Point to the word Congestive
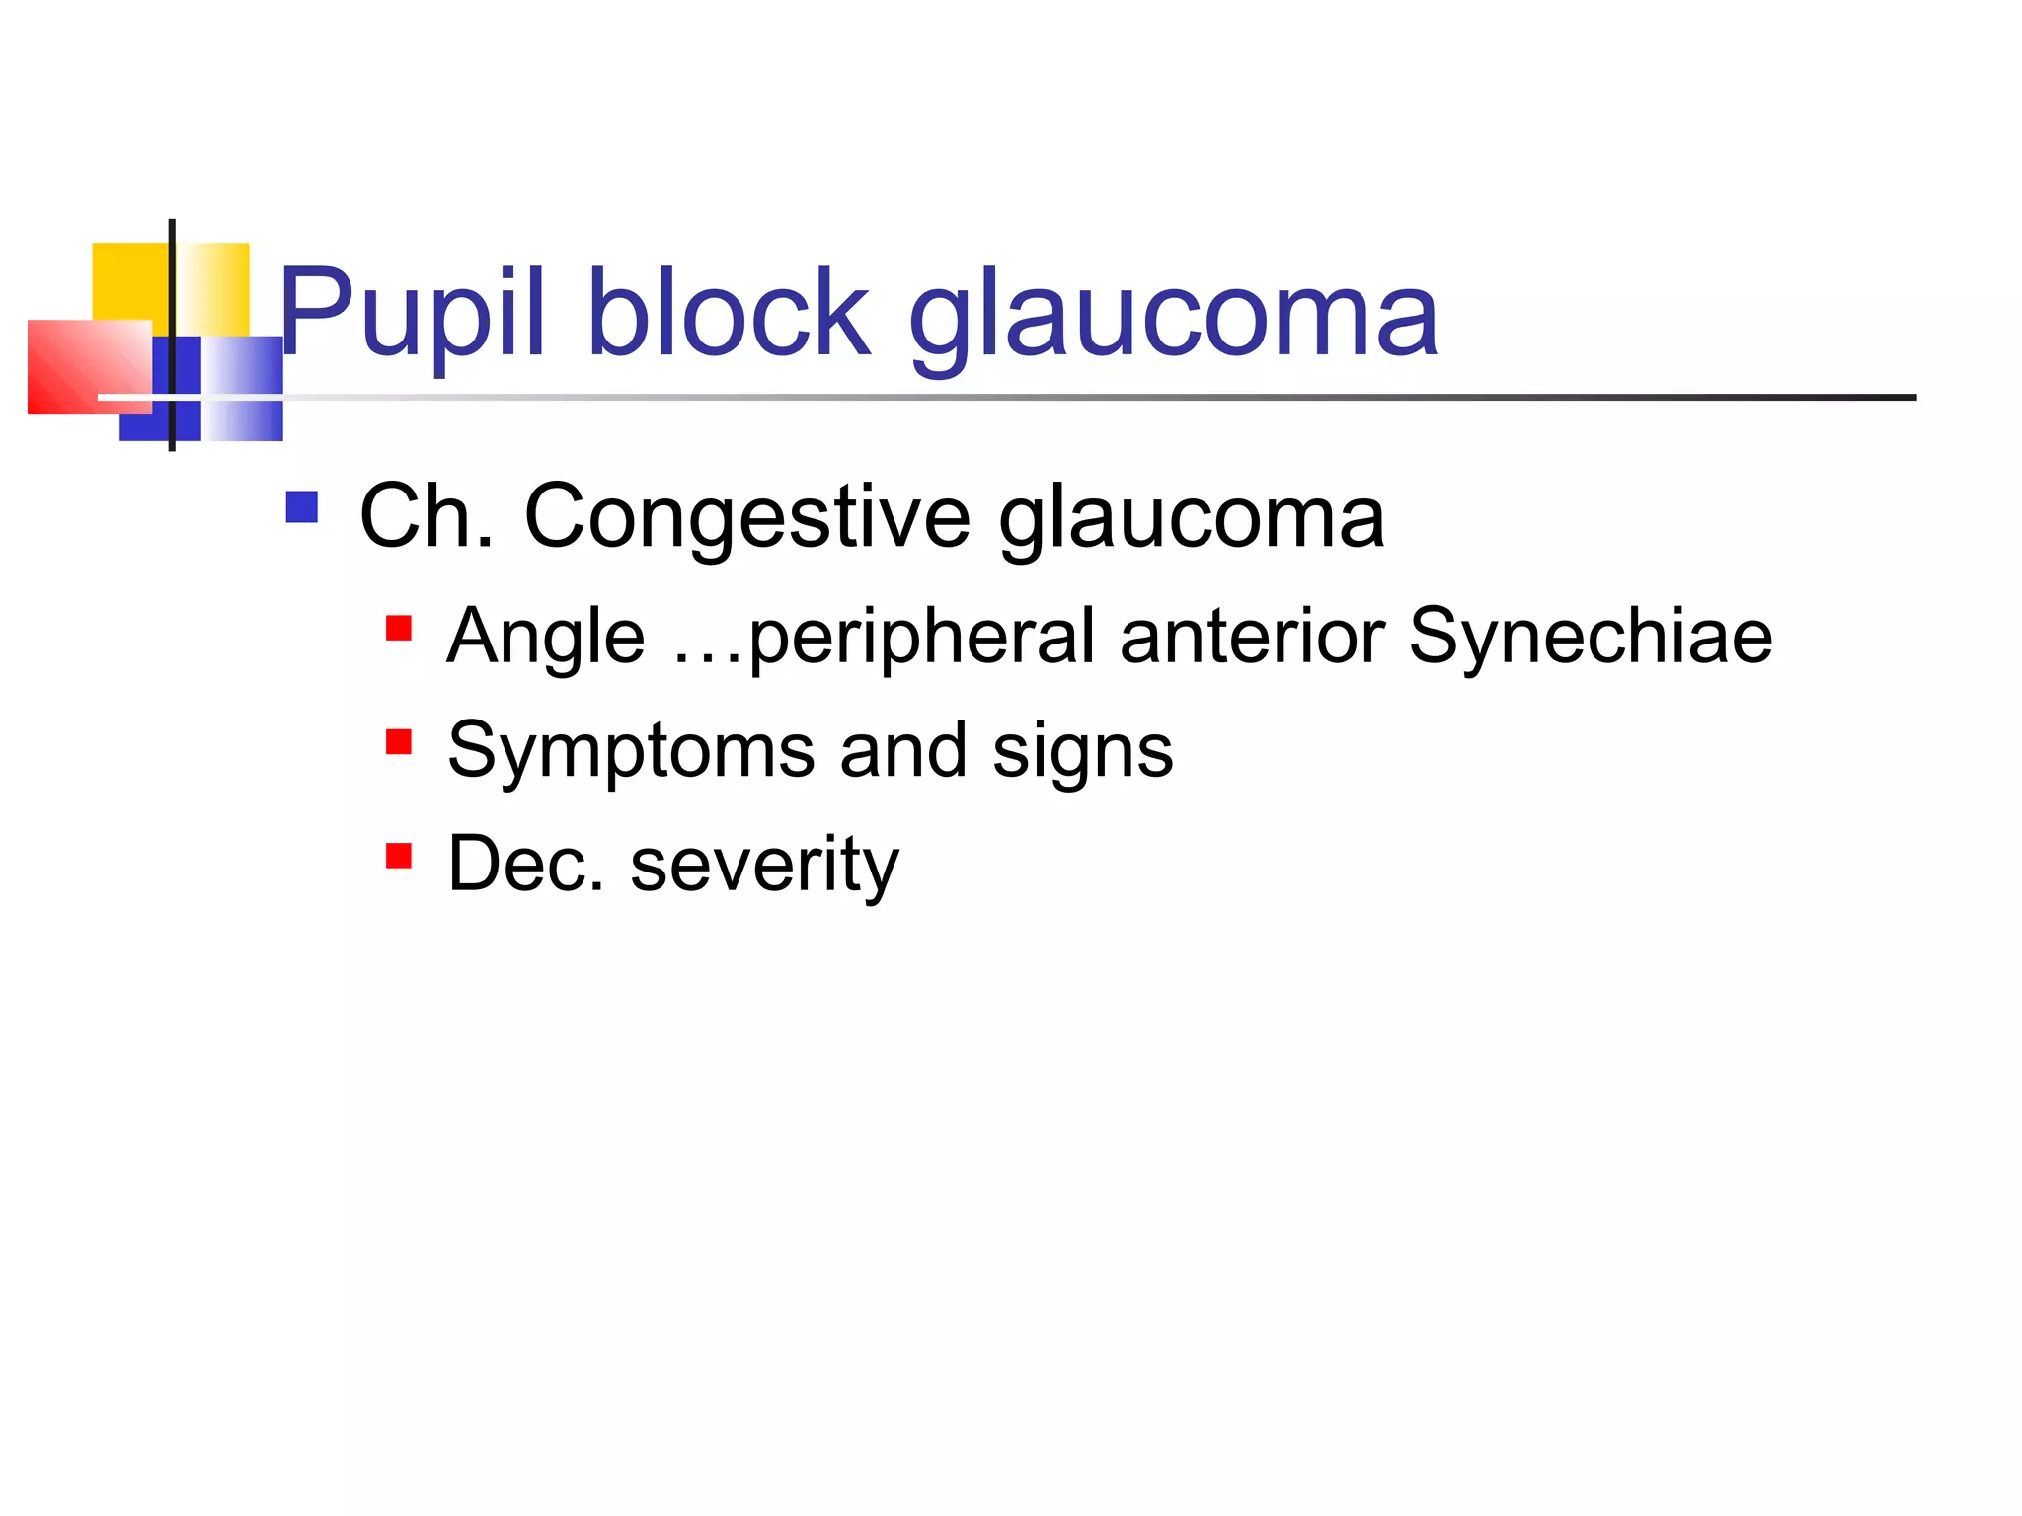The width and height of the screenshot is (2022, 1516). coord(747,519)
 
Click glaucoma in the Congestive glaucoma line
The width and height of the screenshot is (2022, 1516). coord(1192,519)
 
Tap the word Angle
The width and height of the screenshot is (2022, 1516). coord(546,637)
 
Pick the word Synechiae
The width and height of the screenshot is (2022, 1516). coord(1591,637)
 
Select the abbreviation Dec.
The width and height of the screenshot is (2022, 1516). coord(525,864)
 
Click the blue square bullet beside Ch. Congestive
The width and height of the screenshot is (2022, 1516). coord(301,507)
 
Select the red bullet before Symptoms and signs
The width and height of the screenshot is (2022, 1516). coord(399,742)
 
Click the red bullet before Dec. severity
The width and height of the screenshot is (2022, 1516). coord(399,856)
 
